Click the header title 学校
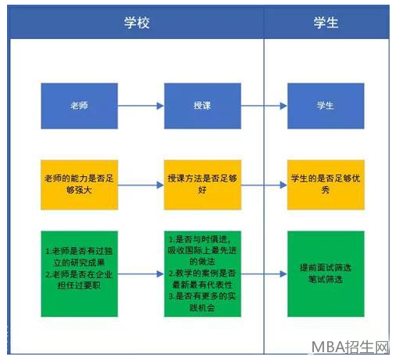[x=136, y=23]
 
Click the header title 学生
[x=326, y=23]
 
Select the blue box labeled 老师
[x=79, y=106]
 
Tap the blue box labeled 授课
[x=203, y=106]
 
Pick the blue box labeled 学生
[x=326, y=106]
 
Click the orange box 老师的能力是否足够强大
[x=79, y=185]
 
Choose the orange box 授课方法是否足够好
[x=203, y=185]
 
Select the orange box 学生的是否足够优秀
[x=326, y=185]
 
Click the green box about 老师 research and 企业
[x=79, y=274]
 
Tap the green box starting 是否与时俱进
[x=203, y=274]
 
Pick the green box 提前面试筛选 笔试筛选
[x=326, y=274]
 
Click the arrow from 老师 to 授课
[x=141, y=106]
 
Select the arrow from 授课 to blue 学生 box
[x=264, y=106]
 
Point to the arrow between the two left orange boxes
[x=141, y=185]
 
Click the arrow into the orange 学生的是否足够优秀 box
[x=264, y=185]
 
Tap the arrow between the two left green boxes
[x=141, y=274]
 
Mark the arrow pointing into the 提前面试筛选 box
[x=264, y=274]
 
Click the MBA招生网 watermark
[x=351, y=347]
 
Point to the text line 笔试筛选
[x=326, y=280]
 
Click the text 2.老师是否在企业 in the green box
[x=79, y=274]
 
